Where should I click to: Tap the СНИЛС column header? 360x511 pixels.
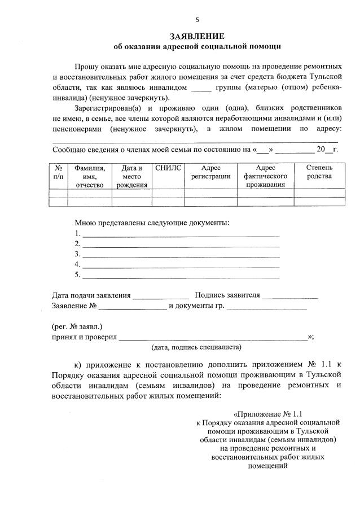[x=168, y=168]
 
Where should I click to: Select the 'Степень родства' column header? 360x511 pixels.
[x=319, y=172]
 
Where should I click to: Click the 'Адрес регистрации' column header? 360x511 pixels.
[x=210, y=172]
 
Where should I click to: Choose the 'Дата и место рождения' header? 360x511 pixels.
[x=131, y=176]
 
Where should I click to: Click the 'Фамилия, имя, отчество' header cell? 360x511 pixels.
[x=89, y=176]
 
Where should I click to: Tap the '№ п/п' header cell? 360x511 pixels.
[x=58, y=172]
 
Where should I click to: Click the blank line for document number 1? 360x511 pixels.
[x=181, y=233]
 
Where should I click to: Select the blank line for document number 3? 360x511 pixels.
[x=181, y=254]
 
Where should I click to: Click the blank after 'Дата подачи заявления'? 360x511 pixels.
[x=161, y=295]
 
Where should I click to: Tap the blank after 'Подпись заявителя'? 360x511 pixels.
[x=290, y=295]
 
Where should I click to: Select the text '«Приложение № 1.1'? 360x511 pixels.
[x=268, y=413]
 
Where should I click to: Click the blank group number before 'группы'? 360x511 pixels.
[x=201, y=88]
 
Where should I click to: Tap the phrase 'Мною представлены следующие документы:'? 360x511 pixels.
[x=152, y=222]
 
